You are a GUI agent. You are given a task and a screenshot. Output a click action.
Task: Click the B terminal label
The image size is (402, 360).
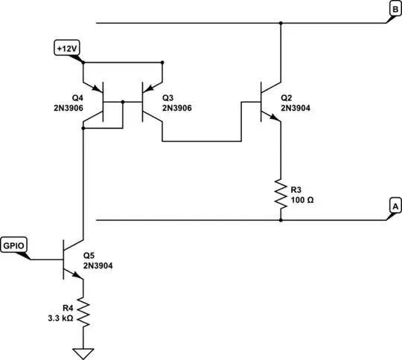395,9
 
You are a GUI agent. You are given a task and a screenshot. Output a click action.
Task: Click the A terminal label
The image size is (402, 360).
395,205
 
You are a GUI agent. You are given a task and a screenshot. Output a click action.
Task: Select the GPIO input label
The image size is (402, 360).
15,244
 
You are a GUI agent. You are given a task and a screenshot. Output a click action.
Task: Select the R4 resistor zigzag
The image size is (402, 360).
84,312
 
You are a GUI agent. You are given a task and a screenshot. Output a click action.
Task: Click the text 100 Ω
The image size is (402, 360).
301,200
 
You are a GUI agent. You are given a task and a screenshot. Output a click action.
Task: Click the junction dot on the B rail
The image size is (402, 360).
281,23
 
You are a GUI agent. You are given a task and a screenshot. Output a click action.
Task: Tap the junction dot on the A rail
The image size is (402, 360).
281,220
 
